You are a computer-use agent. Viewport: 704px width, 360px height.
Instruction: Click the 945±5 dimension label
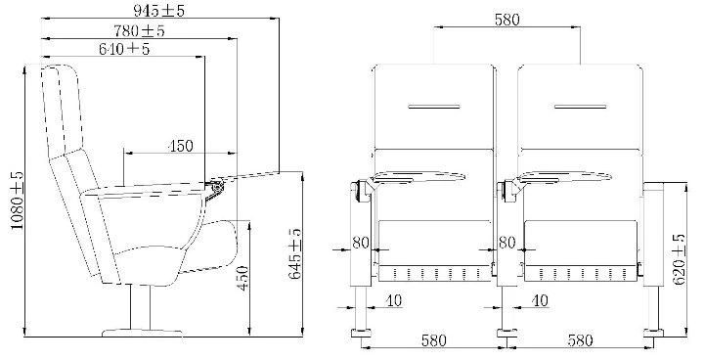point(158,11)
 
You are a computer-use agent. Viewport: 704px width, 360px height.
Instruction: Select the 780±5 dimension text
point(139,30)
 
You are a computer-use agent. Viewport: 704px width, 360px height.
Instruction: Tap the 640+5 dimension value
point(124,49)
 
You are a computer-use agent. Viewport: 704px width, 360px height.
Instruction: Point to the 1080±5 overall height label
point(17,201)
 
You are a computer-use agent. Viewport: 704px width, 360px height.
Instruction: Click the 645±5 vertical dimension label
point(294,253)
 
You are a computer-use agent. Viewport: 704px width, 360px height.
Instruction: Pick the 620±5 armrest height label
point(680,259)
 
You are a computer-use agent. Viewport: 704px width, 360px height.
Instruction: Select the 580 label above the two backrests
point(506,20)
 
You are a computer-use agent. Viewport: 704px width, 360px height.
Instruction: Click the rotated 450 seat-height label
point(242,278)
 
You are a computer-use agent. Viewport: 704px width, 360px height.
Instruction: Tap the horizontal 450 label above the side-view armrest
point(180,146)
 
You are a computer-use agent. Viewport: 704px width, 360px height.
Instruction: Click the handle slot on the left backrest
point(434,107)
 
